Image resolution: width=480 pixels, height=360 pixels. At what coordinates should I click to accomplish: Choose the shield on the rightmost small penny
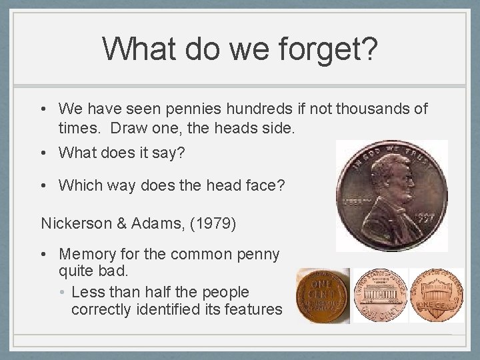(436, 293)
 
